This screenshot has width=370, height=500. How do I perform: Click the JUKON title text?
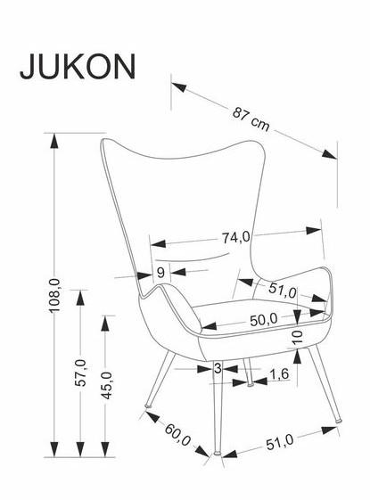(x=78, y=66)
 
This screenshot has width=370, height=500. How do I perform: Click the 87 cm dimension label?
(x=251, y=119)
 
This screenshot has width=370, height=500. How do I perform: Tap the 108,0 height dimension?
(x=54, y=295)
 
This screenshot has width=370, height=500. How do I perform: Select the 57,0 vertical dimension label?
(x=81, y=373)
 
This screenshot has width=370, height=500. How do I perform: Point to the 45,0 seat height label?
(x=107, y=385)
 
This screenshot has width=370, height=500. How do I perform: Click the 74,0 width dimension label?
(x=236, y=238)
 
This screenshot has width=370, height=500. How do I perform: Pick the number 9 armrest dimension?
(x=161, y=273)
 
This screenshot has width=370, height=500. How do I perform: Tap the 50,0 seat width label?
(x=264, y=320)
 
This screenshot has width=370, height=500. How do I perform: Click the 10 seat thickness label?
(x=297, y=337)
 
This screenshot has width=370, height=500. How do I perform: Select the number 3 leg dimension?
(x=218, y=369)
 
